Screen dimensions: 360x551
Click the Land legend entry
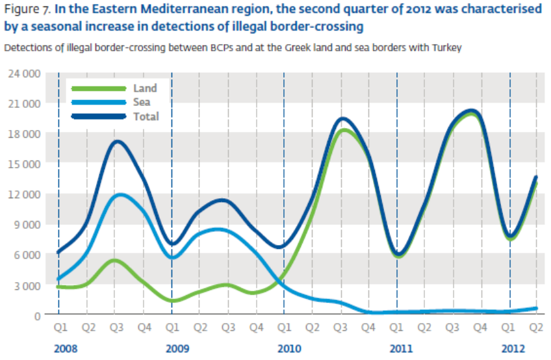pos(144,88)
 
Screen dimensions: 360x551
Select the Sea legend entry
pos(142,102)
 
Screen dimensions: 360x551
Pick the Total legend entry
pos(145,116)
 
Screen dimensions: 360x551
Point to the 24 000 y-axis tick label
pos(23,73)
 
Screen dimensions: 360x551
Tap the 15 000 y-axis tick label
pos(23,164)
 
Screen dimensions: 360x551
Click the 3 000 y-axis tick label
pos(26,285)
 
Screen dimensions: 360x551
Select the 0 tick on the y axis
pos(36,315)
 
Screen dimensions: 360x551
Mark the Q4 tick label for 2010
pos(368,329)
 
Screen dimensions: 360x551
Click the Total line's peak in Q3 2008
pos(116,142)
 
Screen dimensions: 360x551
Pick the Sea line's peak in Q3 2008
pos(117,195)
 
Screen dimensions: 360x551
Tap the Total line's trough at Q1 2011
pos(399,254)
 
